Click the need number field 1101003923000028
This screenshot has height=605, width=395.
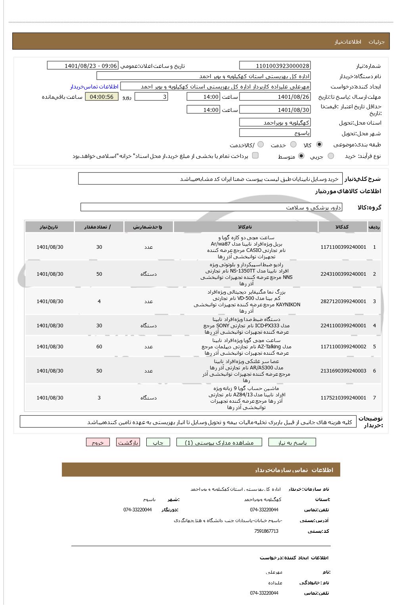pos(275,66)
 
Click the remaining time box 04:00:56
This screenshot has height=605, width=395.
pos(102,97)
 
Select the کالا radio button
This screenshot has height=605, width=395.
pos(320,145)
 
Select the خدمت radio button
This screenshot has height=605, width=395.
pos(293,145)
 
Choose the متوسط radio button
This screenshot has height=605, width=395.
pos(301,156)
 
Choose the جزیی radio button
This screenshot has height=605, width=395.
pos(331,156)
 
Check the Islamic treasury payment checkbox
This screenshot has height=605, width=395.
pos(255,156)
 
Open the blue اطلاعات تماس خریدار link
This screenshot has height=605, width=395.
pos(94,86)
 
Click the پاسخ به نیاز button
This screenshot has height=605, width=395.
pos(292,443)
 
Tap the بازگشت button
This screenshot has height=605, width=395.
pos(128,443)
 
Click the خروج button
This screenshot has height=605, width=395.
pos(98,443)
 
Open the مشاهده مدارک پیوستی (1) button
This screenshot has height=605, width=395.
pos(219,443)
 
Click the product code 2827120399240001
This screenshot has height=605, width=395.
pos(343,302)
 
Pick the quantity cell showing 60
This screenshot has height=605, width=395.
pos(99,347)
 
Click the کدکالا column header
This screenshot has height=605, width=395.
pos(342,227)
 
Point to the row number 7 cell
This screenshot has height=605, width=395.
pos(374,398)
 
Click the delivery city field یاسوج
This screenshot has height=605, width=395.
pos(275,133)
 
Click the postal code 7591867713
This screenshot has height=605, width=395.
pos(266,531)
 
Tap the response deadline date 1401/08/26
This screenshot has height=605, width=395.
pos(275,97)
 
